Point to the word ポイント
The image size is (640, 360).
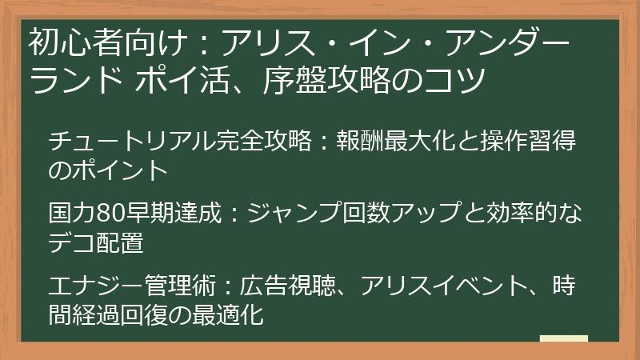pos(120,170)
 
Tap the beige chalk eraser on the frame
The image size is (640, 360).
pos(563,338)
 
